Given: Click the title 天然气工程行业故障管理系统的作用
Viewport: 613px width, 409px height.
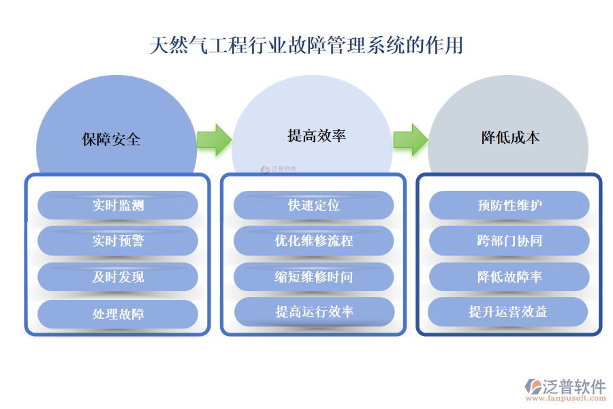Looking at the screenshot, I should point(306,46).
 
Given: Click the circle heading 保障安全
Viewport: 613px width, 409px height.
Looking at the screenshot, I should point(111,140).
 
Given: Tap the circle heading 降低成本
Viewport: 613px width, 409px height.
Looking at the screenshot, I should point(510,138).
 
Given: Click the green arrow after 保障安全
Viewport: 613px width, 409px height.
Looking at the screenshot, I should point(214,140).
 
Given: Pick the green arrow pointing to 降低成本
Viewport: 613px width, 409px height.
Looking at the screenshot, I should point(410,140).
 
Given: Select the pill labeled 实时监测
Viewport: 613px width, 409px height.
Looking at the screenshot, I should point(118,205).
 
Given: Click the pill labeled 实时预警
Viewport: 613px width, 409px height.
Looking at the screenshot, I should point(118,241).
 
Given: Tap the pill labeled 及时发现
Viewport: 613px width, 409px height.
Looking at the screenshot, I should point(118,277).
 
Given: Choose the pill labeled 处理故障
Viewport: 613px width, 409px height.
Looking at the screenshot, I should point(118,314).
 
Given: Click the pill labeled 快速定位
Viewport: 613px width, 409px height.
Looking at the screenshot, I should point(314,205).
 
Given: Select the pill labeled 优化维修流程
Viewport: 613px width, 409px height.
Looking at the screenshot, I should point(314,241).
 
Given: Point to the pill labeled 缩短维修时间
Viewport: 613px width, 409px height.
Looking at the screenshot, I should point(314,277).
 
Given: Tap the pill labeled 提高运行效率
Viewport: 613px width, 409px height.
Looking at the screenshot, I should point(315,312).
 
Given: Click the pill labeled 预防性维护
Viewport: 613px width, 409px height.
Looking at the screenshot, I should point(509,205).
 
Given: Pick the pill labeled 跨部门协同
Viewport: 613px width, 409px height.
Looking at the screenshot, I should point(509,241).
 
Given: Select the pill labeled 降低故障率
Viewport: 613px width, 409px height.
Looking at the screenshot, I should point(509,277).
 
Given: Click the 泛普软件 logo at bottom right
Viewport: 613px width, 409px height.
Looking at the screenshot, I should point(566,388).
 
